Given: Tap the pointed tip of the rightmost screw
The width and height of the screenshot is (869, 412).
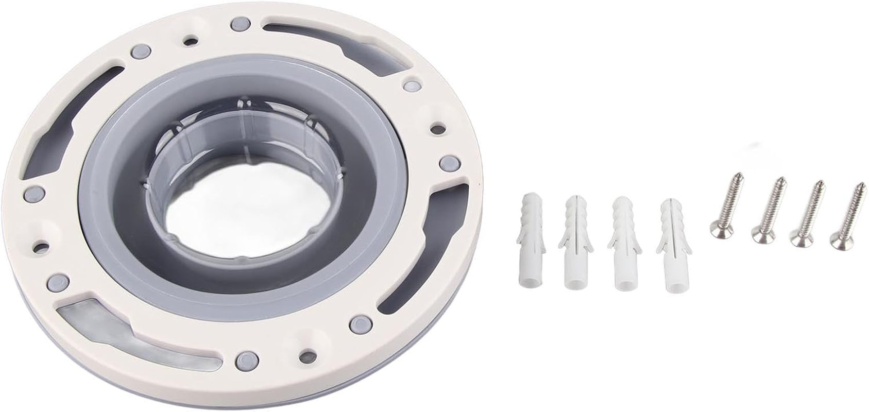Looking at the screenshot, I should (x=859, y=185).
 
